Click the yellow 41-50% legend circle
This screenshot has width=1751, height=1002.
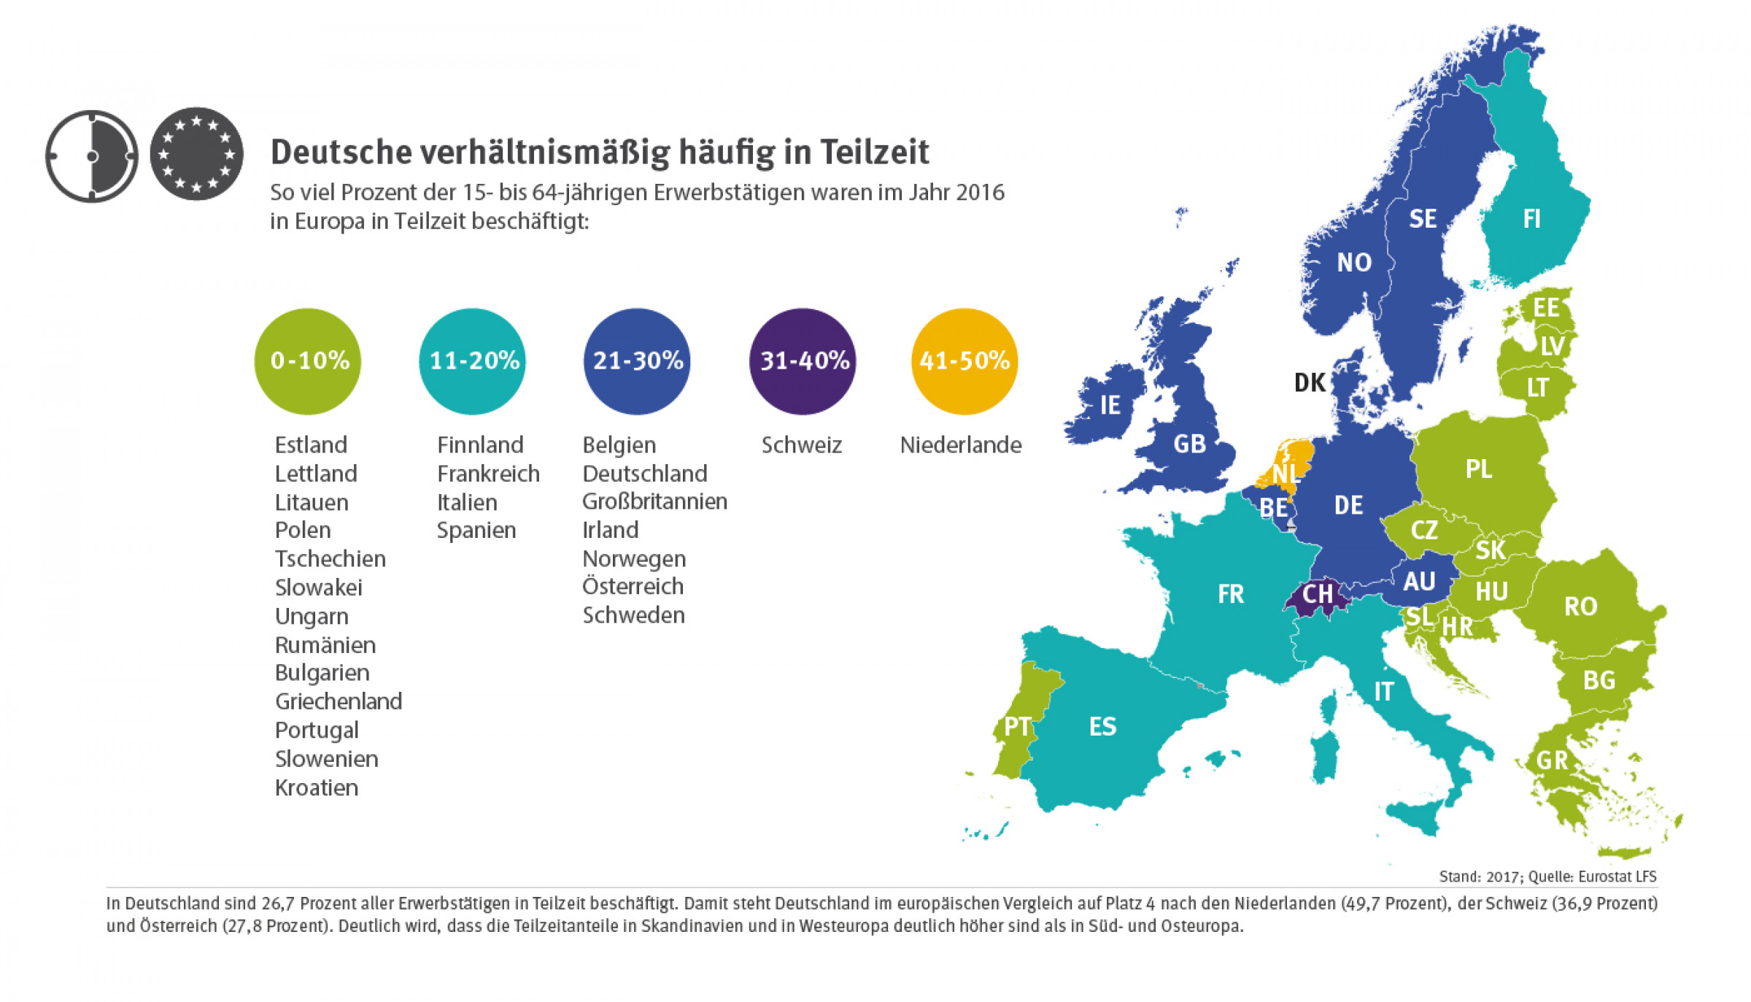(x=964, y=361)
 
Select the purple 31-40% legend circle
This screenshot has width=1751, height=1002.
(x=803, y=361)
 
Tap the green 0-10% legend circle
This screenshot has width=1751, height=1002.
(x=308, y=361)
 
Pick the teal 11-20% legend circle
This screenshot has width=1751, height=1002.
(x=473, y=361)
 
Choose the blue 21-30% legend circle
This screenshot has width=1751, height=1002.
(x=637, y=361)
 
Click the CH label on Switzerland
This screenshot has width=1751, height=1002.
(x=1318, y=594)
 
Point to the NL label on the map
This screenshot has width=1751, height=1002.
(x=1286, y=474)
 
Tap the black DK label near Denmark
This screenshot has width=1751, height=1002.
(x=1310, y=382)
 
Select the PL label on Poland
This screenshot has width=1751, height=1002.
(x=1479, y=469)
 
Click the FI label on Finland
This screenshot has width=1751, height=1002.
(x=1531, y=218)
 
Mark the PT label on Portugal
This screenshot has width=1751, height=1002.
(x=1018, y=726)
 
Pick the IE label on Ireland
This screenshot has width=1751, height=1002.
(x=1110, y=405)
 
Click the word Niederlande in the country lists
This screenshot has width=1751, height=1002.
(x=961, y=444)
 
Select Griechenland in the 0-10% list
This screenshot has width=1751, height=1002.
(x=339, y=701)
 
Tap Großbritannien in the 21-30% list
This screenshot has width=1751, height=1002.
(x=654, y=501)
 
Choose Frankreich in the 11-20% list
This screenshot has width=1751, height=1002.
(x=488, y=474)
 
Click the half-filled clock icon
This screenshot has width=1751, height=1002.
(x=92, y=156)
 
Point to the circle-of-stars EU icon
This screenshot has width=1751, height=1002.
(x=197, y=154)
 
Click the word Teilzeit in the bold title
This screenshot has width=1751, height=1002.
(x=874, y=152)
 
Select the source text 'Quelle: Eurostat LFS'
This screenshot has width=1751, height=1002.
(x=1592, y=876)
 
